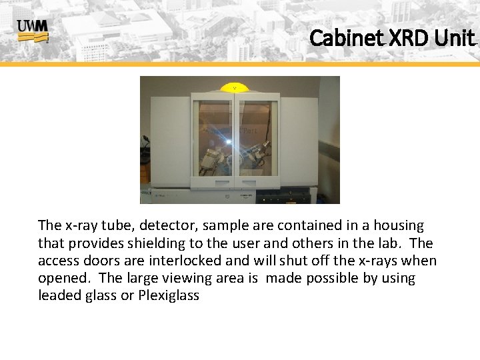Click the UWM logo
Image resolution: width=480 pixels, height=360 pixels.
point(33,31)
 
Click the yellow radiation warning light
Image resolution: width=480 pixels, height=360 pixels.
point(234,87)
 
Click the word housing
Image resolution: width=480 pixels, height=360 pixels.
point(397,227)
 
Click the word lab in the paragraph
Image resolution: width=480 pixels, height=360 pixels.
point(389,244)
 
